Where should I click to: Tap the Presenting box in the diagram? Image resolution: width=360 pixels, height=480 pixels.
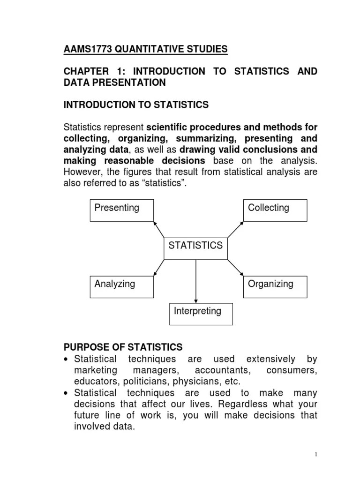121,210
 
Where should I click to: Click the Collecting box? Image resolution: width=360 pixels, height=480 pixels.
275,210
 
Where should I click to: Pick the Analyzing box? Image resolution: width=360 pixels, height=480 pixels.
121,286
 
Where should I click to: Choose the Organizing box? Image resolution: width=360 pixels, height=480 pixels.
275,286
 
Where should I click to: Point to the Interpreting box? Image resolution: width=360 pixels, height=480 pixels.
201,314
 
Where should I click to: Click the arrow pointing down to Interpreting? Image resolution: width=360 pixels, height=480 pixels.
195,281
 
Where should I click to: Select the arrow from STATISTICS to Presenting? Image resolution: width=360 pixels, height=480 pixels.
159,229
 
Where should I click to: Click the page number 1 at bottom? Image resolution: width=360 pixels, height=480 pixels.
316,454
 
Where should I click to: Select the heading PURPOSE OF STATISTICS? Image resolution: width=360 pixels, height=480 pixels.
123,347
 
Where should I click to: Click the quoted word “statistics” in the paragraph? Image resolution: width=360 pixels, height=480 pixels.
160,183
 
